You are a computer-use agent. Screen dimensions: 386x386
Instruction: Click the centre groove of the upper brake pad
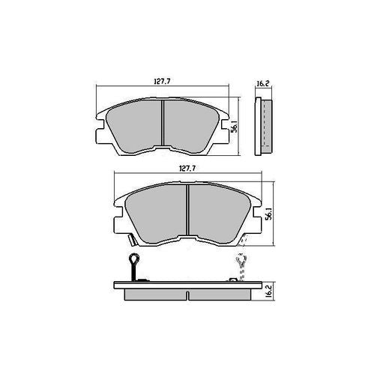[163, 124]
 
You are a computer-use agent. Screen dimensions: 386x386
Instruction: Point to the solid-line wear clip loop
[133, 262]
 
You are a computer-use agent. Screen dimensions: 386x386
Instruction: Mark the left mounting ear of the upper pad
[100, 130]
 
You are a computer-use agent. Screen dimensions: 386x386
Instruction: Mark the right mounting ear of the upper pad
[226, 130]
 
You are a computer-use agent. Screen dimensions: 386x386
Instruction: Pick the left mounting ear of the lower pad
[120, 218]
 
